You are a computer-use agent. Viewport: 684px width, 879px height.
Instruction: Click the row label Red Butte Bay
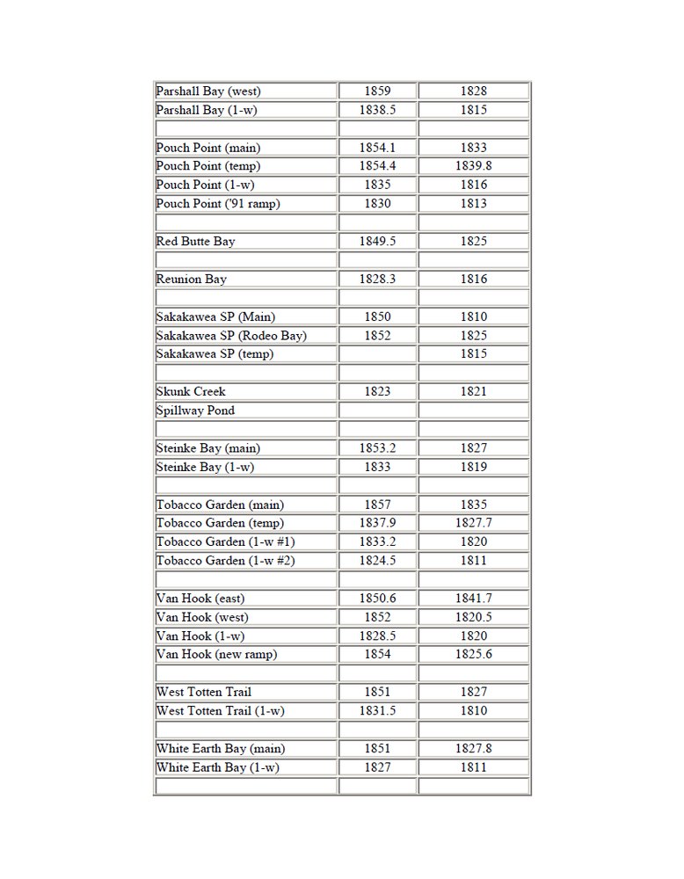point(195,241)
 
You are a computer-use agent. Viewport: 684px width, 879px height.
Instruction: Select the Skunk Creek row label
point(191,391)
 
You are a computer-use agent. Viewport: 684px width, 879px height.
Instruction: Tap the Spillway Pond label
point(195,410)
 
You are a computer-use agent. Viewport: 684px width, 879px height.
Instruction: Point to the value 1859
point(376,91)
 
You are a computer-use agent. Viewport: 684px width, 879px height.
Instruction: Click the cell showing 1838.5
point(376,110)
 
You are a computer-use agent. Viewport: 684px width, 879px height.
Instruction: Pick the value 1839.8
point(473,166)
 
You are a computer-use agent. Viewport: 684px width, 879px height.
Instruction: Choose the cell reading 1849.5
point(376,241)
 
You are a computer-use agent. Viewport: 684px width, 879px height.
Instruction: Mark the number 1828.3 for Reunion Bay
point(376,279)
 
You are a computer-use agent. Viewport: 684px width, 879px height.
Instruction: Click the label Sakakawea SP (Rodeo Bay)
point(231,335)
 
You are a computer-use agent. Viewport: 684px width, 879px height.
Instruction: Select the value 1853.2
point(376,448)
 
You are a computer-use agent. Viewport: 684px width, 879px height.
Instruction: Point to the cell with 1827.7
point(473,523)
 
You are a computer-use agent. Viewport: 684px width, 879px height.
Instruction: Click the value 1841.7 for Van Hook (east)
point(473,599)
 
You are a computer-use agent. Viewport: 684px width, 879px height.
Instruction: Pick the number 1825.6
point(473,654)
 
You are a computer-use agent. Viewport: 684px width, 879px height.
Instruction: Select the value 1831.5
point(376,710)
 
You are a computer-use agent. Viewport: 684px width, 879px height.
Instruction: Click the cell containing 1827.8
point(473,749)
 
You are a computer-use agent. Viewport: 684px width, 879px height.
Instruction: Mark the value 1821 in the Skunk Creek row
point(473,391)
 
